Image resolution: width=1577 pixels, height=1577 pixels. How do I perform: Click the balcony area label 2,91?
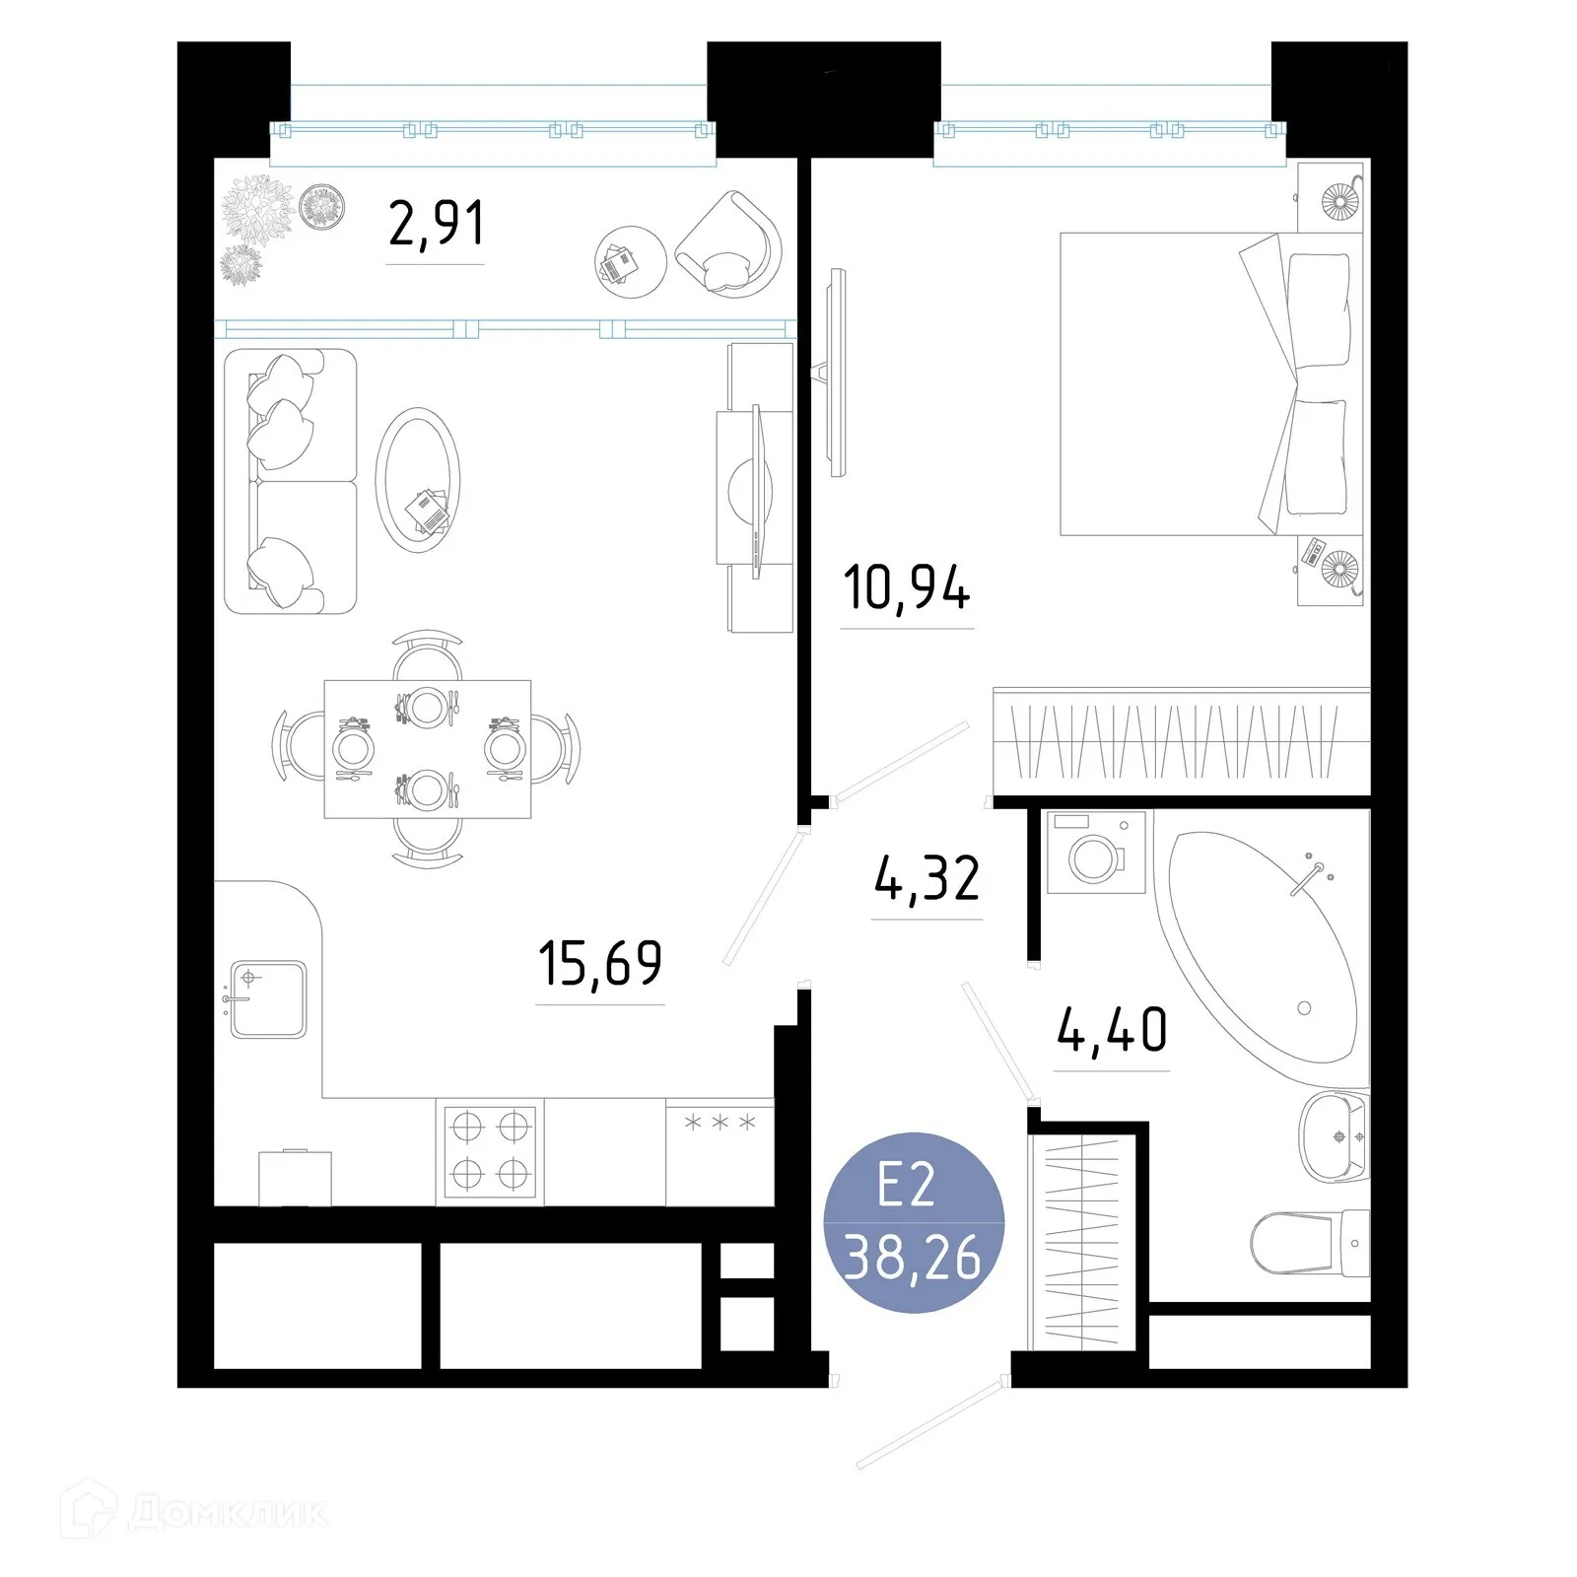click(436, 224)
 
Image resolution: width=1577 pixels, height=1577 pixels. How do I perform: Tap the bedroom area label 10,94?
click(907, 588)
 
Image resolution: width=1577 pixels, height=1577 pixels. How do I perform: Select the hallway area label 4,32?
click(926, 879)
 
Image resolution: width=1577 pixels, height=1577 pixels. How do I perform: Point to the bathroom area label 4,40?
click(1112, 1030)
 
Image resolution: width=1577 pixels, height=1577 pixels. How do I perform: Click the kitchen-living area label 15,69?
click(600, 964)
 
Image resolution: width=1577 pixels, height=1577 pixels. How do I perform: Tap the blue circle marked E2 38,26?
click(913, 1222)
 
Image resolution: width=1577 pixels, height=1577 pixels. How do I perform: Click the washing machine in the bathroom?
click(1096, 853)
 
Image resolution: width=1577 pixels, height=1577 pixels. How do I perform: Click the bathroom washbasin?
click(1333, 1136)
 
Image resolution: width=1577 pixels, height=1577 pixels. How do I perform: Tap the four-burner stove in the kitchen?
click(490, 1150)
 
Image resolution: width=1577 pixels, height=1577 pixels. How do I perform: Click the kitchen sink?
click(268, 998)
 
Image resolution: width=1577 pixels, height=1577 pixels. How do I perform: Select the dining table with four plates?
click(428, 749)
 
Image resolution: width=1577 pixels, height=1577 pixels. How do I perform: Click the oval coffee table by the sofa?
click(418, 479)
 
